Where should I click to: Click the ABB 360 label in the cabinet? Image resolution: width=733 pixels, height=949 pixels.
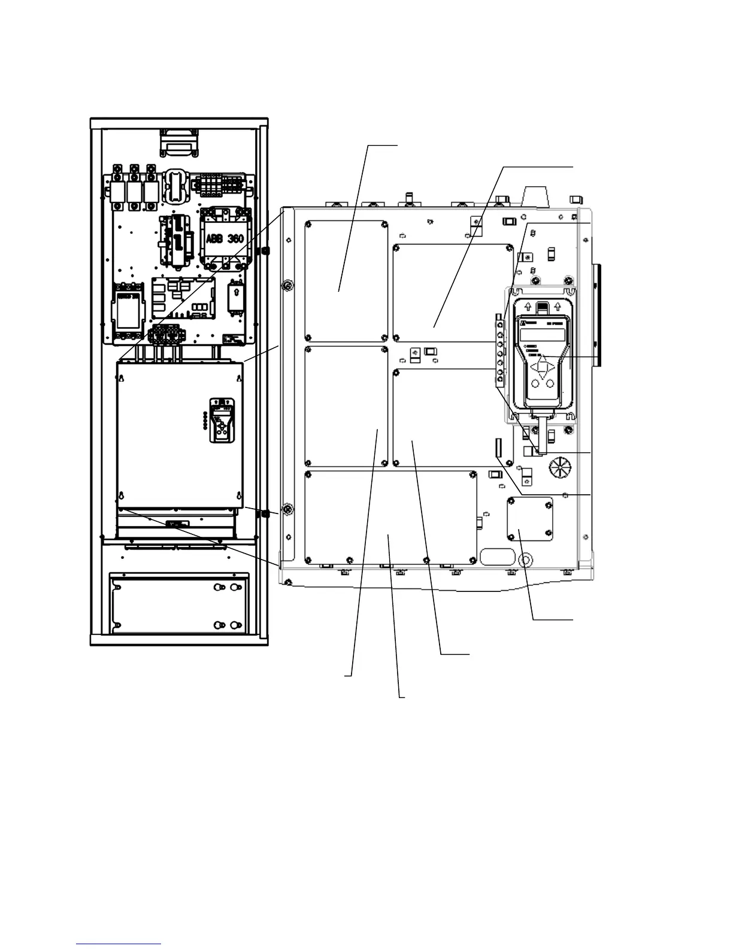[x=225, y=238]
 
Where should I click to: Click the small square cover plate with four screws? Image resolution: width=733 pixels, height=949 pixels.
[x=530, y=519]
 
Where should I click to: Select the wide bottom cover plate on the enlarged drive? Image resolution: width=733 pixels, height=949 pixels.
[x=390, y=516]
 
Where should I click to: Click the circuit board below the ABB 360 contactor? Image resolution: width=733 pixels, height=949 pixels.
[x=183, y=298]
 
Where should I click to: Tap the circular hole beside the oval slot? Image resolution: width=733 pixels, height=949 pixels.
[x=526, y=560]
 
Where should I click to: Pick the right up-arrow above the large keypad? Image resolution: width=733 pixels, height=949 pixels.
[x=558, y=306]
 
